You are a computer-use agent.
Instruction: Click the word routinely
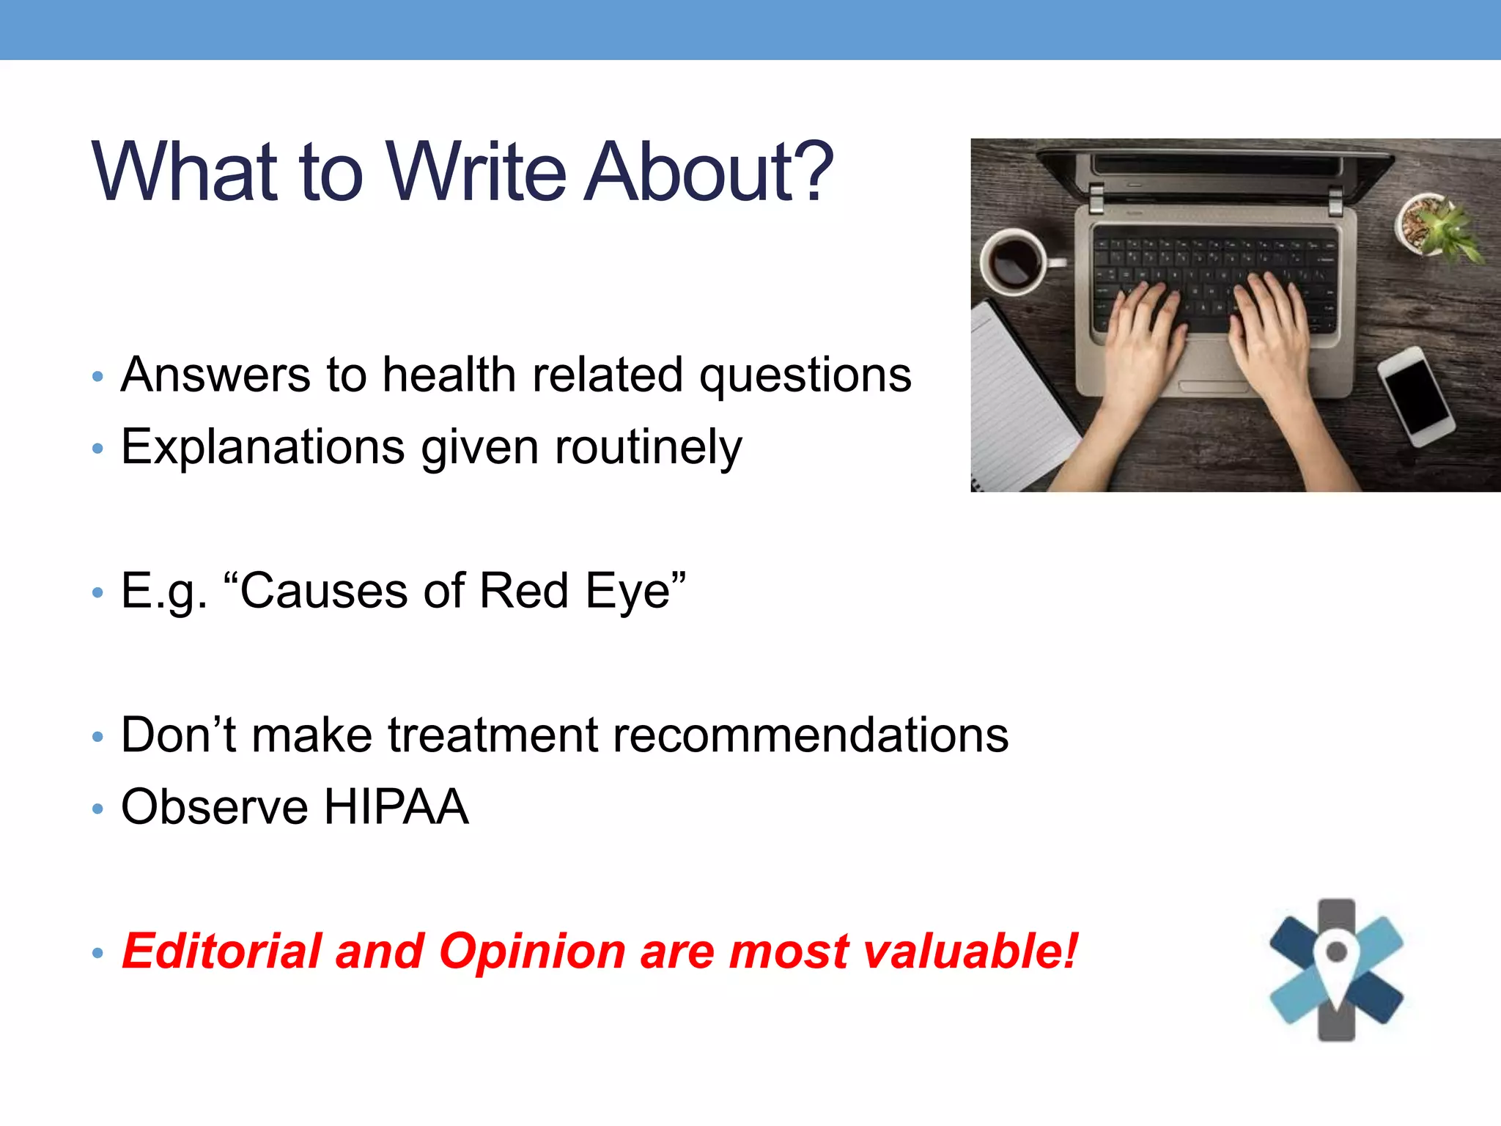pyautogui.click(x=648, y=447)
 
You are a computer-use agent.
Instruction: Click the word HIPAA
pyautogui.click(x=396, y=807)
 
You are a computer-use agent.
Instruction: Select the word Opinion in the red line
pyautogui.click(x=532, y=952)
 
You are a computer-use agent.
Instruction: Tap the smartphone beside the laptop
pyautogui.click(x=1415, y=397)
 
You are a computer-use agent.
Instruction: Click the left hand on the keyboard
pyautogui.click(x=1143, y=345)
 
